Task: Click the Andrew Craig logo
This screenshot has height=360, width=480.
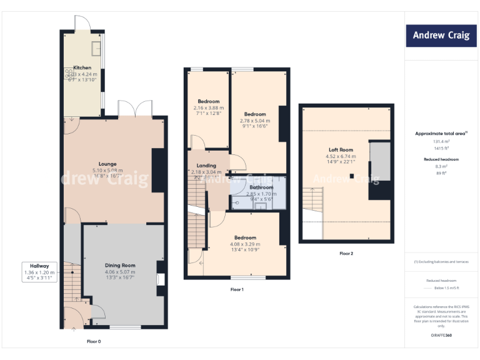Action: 441,36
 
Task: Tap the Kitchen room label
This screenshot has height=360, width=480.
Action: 82,67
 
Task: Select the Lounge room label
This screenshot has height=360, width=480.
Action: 107,164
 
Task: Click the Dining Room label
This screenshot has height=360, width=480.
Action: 120,266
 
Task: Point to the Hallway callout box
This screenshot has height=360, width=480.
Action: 40,272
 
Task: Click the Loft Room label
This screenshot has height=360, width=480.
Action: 341,150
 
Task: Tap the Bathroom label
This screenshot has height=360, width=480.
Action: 261,187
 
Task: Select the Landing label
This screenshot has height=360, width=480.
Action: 206,166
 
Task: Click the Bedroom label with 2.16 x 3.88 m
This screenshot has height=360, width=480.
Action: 209,101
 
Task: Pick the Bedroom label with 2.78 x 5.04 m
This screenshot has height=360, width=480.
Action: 255,114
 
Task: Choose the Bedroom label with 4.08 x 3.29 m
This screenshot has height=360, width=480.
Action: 245,237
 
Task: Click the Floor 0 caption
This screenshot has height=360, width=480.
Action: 93,341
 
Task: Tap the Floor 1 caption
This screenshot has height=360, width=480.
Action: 237,289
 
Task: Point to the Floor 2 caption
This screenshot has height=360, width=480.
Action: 346,253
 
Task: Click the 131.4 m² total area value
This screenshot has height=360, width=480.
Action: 441,142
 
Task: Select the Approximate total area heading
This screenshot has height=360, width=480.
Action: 440,133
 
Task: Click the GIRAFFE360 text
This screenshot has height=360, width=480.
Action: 441,336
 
